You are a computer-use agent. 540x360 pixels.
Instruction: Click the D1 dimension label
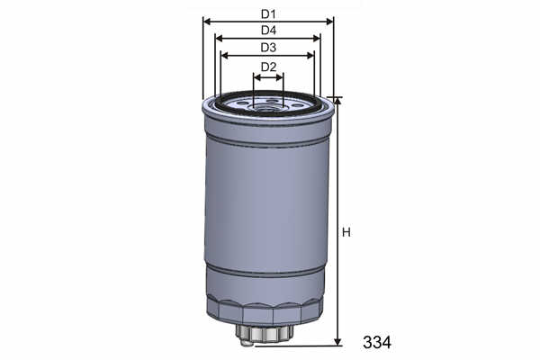pyautogui.click(x=268, y=14)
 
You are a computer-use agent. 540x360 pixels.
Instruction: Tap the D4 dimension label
pyautogui.click(x=268, y=31)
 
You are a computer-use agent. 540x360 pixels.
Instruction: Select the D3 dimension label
pyautogui.click(x=268, y=47)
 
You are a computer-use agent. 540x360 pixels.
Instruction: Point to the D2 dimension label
pyautogui.click(x=268, y=67)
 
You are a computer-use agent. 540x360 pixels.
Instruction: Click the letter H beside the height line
pyautogui.click(x=346, y=232)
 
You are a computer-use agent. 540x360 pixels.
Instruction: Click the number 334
pyautogui.click(x=377, y=342)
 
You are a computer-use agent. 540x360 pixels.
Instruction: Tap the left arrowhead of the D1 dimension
pyautogui.click(x=207, y=22)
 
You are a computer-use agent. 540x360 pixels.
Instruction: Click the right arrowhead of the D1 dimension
pyautogui.click(x=329, y=22)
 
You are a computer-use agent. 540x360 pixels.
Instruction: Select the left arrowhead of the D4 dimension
pyautogui.click(x=219, y=38)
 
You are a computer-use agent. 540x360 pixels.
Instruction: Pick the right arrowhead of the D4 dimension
pyautogui.click(x=317, y=38)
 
